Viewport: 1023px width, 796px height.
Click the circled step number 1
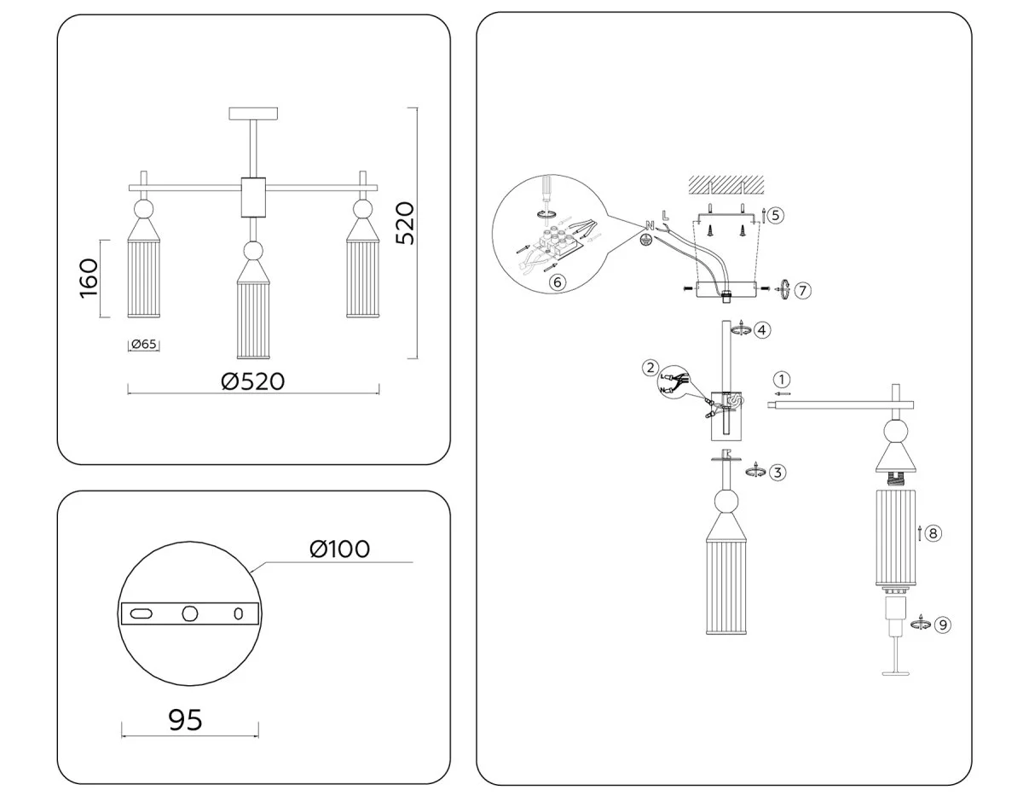tap(783, 379)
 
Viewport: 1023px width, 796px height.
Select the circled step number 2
tap(651, 369)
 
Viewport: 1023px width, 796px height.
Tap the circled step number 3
tap(777, 472)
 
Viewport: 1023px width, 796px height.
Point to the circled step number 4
tap(762, 329)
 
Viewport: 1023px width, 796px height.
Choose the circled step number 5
tap(775, 215)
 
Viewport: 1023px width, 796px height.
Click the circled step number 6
tap(557, 282)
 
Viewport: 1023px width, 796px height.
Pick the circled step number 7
tap(802, 290)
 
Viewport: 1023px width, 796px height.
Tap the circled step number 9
tap(941, 625)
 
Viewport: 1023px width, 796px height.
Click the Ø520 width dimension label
tap(252, 381)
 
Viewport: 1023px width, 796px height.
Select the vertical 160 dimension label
tap(89, 278)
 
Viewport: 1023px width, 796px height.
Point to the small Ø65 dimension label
tap(142, 345)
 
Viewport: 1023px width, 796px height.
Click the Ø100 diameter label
tap(339, 549)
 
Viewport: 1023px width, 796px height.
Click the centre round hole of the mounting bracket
tap(191, 613)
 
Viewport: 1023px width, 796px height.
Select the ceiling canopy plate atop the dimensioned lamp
tap(254, 113)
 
